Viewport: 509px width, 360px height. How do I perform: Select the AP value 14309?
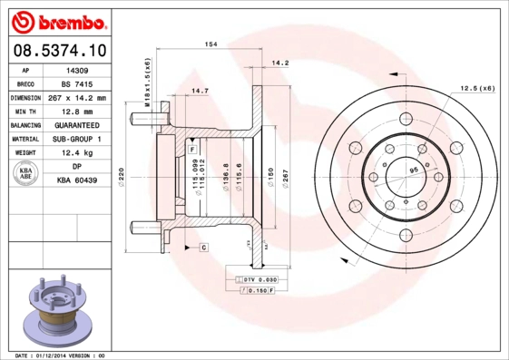click(77, 69)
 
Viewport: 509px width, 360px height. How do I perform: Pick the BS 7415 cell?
click(77, 83)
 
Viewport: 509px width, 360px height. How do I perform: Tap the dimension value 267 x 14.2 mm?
click(77, 97)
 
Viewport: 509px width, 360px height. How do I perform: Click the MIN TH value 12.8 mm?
click(77, 111)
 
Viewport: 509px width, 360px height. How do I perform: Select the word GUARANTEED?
click(77, 124)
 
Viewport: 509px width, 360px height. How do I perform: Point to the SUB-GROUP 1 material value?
click(77, 139)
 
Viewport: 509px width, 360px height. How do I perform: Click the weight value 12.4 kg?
click(77, 152)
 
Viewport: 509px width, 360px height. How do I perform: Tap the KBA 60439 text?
click(77, 180)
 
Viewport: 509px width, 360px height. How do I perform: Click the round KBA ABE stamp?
click(26, 174)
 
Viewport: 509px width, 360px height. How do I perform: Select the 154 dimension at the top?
click(210, 44)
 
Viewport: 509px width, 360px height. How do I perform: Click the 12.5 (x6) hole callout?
click(477, 87)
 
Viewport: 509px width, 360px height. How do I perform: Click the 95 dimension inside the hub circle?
click(413, 170)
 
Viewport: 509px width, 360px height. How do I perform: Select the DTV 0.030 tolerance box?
click(259, 281)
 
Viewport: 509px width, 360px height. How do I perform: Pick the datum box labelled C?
click(203, 247)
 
